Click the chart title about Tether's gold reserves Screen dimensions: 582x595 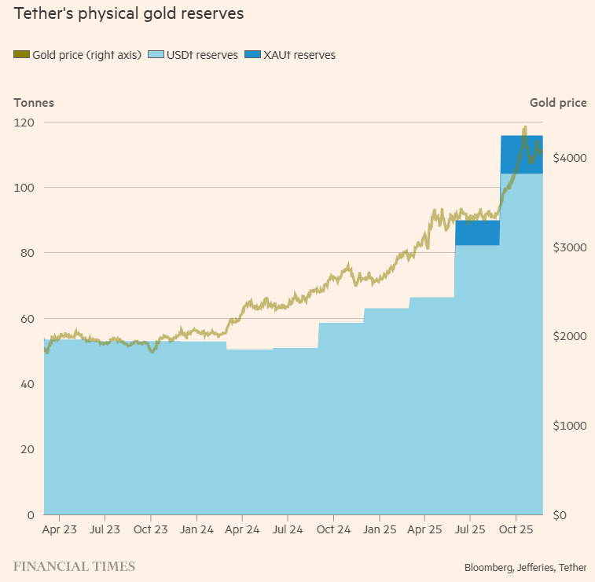click(x=128, y=14)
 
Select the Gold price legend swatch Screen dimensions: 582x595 click(x=21, y=55)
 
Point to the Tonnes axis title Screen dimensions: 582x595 click(x=34, y=102)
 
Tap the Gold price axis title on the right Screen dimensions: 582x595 click(x=558, y=102)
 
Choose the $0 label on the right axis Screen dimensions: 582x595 click(x=560, y=515)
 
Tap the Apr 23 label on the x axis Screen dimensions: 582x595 click(x=60, y=530)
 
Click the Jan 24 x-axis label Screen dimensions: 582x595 click(x=196, y=530)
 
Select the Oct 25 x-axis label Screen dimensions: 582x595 click(x=516, y=530)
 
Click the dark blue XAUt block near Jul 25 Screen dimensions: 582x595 click(x=477, y=233)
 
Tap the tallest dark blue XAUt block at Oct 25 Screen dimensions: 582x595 click(x=521, y=155)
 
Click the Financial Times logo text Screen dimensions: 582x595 click(x=74, y=566)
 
